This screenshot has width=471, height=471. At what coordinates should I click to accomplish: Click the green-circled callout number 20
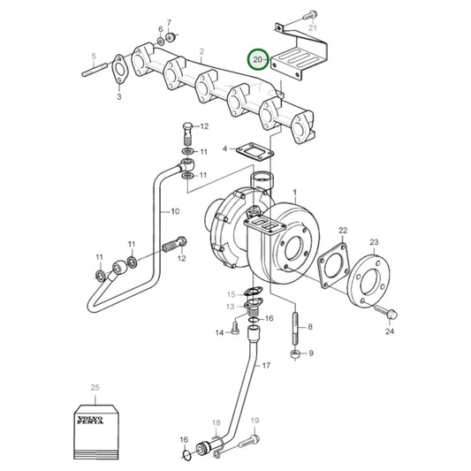(258, 59)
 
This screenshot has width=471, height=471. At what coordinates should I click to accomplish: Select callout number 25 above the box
(95, 388)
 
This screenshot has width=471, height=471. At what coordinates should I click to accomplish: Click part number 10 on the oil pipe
(175, 212)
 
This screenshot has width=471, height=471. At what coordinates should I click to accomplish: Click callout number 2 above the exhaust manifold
(201, 52)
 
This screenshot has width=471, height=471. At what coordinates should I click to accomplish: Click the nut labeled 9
(292, 354)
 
